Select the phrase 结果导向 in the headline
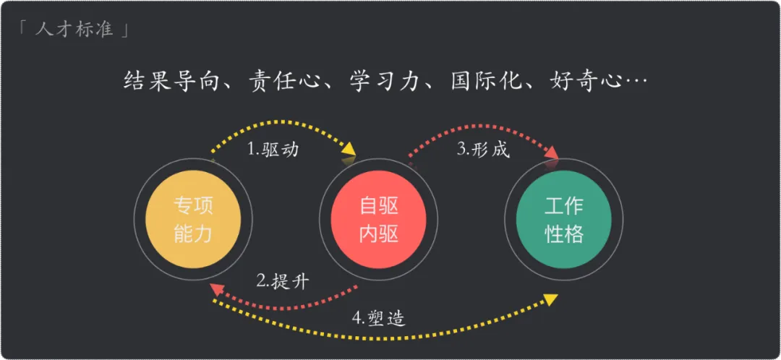coord(167,80)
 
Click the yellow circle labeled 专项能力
coord(193,220)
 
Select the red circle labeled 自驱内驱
coord(378,220)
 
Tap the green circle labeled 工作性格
coord(563,220)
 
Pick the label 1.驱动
coord(273,150)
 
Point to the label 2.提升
coord(283,280)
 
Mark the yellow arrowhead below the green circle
coord(551,299)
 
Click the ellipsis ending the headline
coord(634,81)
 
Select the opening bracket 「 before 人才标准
coord(23,29)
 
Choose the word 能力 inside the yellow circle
coord(193,233)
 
